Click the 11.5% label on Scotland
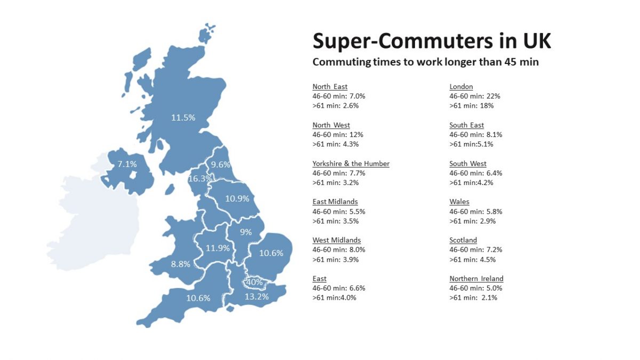coord(183,117)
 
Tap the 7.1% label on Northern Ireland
coord(127,164)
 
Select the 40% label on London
coord(254,282)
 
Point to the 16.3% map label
coord(200,179)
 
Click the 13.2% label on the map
coord(256,297)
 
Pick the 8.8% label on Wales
coord(180,263)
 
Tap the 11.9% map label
coord(218,247)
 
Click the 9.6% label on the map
coord(220,165)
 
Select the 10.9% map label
coord(237,198)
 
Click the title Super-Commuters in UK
coord(431,41)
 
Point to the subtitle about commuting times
coord(426,62)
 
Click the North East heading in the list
coord(330,87)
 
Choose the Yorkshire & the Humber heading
coord(351,164)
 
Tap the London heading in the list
coord(461,87)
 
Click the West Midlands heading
coord(337,241)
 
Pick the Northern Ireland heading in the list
coord(476,279)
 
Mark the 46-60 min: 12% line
coord(338,135)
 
